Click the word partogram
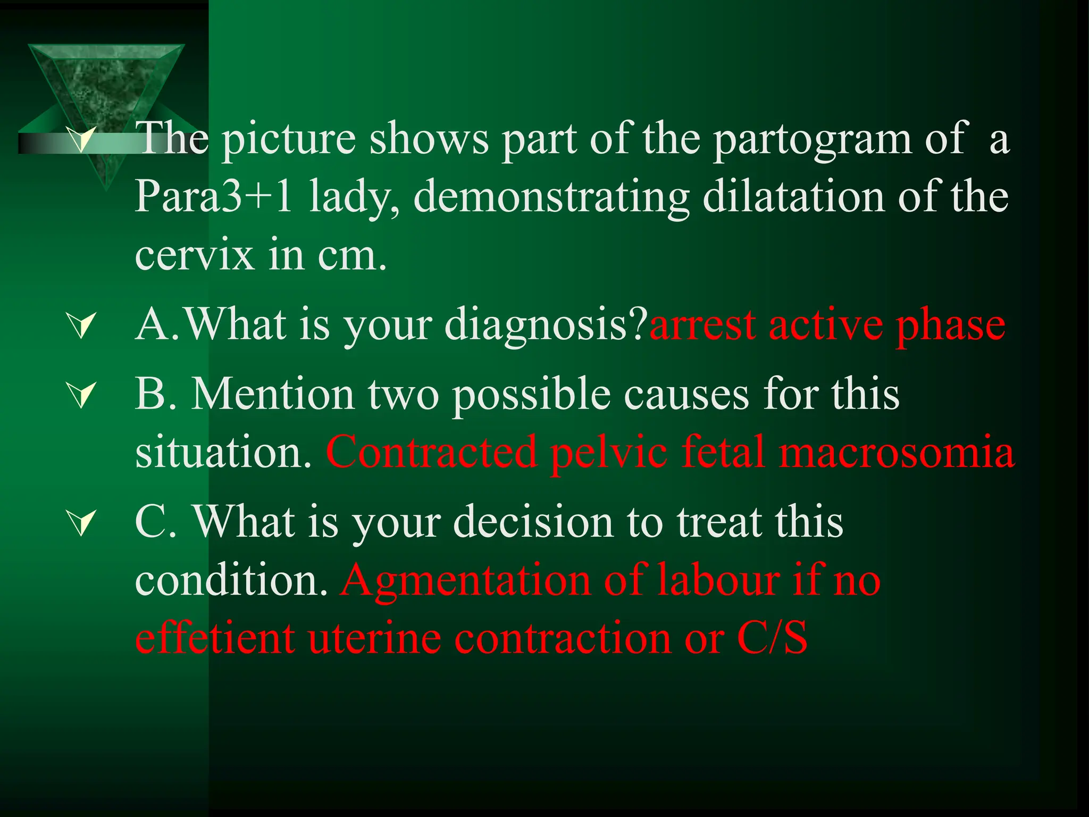click(811, 139)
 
